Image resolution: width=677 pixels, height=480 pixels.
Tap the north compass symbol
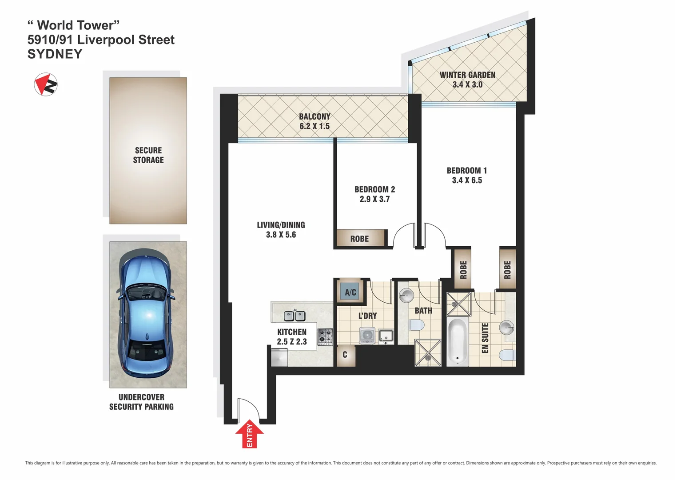pos(46,84)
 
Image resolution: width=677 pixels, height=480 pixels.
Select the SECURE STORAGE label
pos(148,155)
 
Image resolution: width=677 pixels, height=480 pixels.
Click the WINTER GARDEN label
pos(467,75)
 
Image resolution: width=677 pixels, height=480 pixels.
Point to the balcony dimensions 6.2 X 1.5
pos(315,126)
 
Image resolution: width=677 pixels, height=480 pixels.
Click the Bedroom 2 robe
pos(360,239)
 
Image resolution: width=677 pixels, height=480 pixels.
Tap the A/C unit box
pos(350,292)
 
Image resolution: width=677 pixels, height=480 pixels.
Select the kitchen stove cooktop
pos(325,337)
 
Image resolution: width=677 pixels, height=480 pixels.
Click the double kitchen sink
pos(295,316)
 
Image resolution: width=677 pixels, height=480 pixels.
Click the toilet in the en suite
pos(508,355)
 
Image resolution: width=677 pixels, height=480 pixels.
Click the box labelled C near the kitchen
pos(345,355)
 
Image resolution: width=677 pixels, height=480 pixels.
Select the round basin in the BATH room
pos(406,295)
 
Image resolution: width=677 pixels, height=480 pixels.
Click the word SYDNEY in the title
pos(55,54)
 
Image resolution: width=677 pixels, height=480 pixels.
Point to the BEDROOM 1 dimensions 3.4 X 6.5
pos(467,180)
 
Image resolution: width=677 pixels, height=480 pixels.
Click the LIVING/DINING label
pos(281,225)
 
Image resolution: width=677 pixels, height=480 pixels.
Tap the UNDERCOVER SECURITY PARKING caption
pos(141,402)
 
